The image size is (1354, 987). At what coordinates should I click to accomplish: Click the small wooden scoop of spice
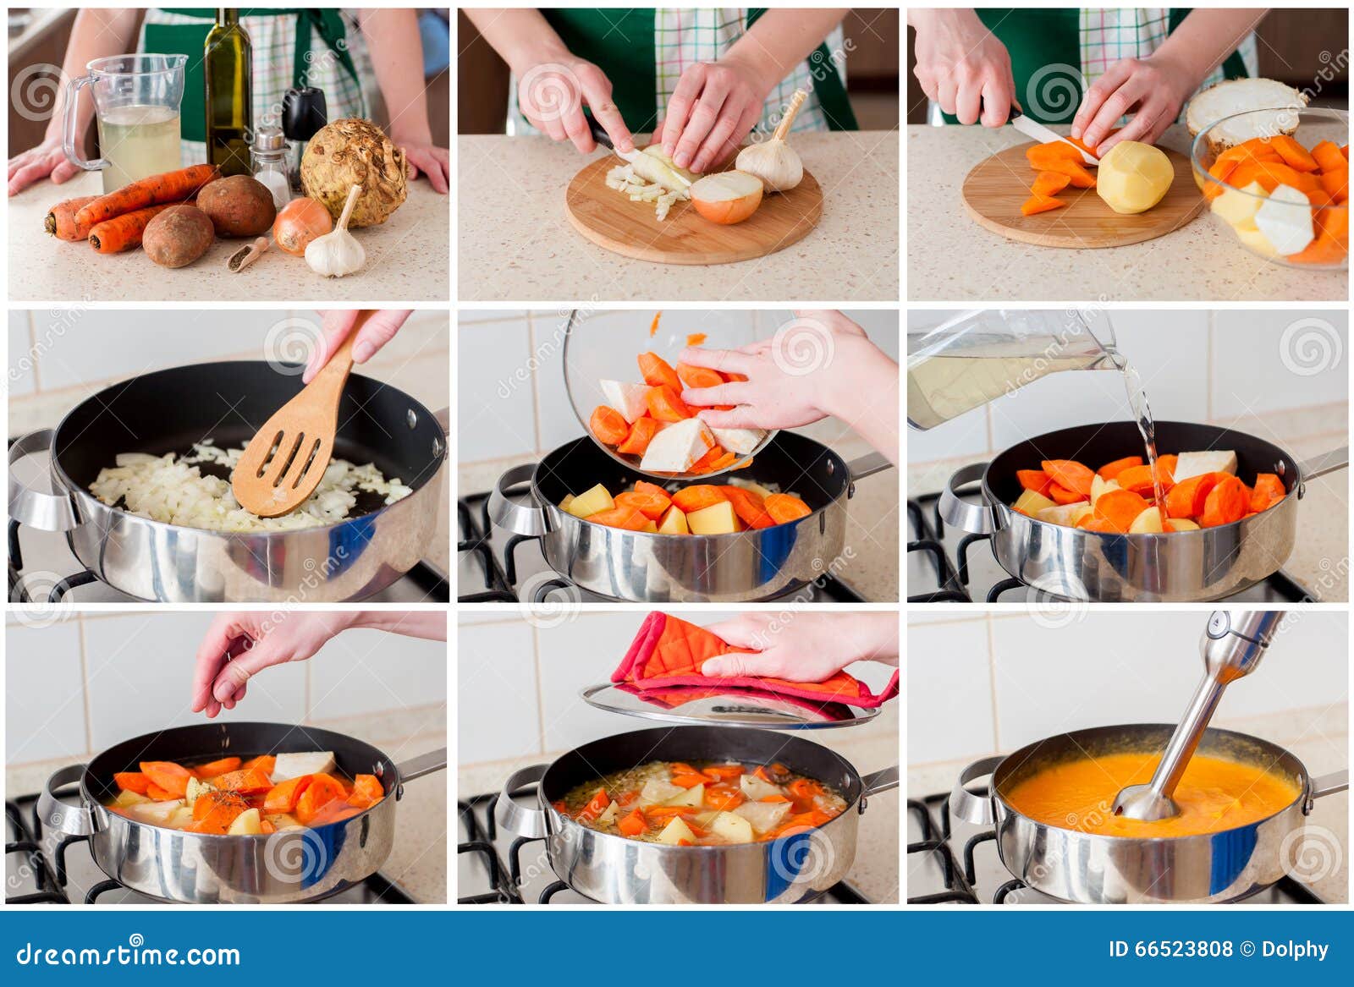(x=247, y=255)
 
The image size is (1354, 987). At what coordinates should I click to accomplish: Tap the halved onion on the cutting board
(x=727, y=197)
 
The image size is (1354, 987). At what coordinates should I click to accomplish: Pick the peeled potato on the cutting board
(x=1134, y=177)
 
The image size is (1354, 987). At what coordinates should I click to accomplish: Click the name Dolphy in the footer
(x=1295, y=949)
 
